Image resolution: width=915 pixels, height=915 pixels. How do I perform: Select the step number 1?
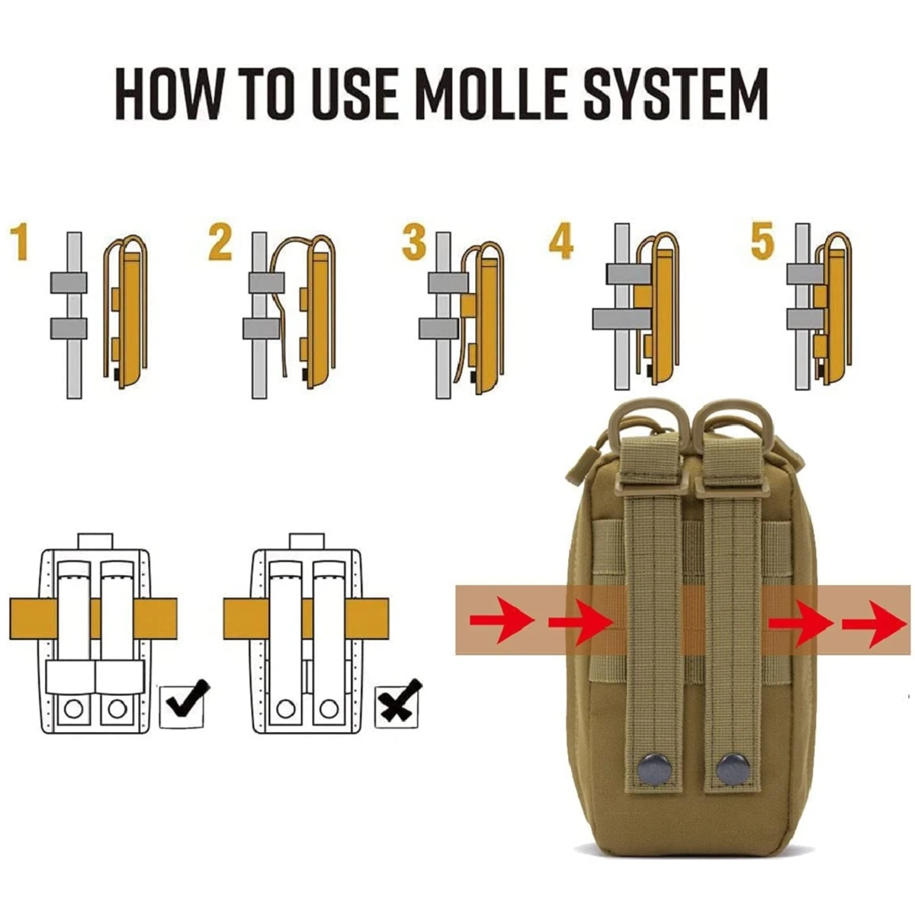pyautogui.click(x=20, y=242)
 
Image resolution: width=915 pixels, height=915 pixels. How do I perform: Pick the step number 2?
pyautogui.click(x=220, y=242)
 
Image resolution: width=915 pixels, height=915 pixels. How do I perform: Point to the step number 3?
pyautogui.click(x=414, y=242)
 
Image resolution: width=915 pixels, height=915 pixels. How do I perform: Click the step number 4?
pyautogui.click(x=560, y=242)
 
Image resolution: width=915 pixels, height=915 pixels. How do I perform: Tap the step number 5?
pyautogui.click(x=762, y=242)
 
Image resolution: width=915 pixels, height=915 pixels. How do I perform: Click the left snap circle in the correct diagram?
pyautogui.click(x=73, y=708)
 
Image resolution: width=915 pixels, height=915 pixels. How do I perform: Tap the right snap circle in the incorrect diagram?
pyautogui.click(x=329, y=708)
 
